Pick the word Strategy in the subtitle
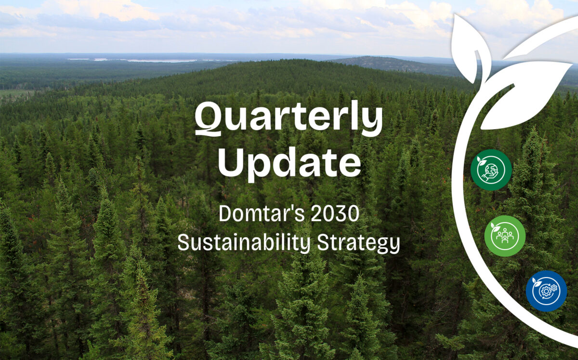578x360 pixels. coord(358,244)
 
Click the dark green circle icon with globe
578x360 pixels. coord(491,170)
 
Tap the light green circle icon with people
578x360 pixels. coord(505,236)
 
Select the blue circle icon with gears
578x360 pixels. coord(546,291)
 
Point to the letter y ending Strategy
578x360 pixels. coord(394,246)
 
